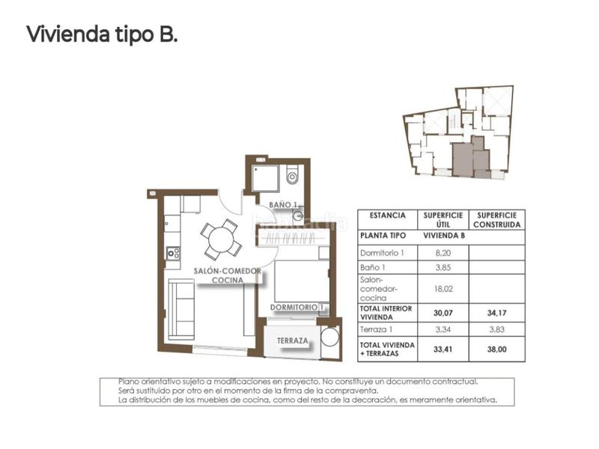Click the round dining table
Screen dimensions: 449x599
point(220,239)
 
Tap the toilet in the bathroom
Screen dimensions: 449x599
point(293,177)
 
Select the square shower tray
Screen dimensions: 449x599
point(266,179)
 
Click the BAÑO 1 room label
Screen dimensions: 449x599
point(285,204)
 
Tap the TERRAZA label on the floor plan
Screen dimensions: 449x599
point(291,340)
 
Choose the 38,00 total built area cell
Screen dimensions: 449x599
point(498,348)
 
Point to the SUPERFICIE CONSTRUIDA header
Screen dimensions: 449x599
point(498,219)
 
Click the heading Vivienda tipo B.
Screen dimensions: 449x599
point(102,34)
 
